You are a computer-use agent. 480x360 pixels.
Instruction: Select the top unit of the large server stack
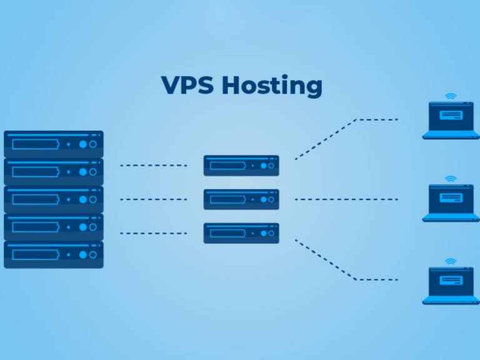54,144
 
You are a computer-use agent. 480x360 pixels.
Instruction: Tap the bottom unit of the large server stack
54,254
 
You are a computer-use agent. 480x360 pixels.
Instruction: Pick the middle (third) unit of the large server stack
54,199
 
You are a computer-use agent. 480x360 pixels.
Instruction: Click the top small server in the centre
241,166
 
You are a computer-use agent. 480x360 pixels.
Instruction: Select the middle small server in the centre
241,199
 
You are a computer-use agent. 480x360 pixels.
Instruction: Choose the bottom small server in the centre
241,233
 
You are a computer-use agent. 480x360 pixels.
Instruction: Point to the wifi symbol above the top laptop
450,96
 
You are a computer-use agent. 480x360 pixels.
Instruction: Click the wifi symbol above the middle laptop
450,179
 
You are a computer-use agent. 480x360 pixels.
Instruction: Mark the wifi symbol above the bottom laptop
450,261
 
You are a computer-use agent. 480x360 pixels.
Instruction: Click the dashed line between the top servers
154,166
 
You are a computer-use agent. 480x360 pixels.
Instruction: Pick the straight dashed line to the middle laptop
346,199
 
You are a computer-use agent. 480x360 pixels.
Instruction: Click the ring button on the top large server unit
94,144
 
